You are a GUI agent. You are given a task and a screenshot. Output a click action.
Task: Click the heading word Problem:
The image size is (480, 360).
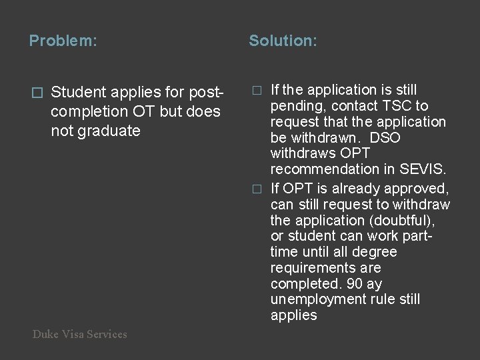point(63,41)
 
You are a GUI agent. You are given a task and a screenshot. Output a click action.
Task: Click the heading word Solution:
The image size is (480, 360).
point(283,41)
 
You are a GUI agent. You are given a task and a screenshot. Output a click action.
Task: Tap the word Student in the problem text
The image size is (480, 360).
point(77,91)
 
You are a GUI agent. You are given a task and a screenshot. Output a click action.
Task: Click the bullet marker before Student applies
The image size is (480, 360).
point(37,91)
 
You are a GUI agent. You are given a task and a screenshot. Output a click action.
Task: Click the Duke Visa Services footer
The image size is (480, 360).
point(79,335)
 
